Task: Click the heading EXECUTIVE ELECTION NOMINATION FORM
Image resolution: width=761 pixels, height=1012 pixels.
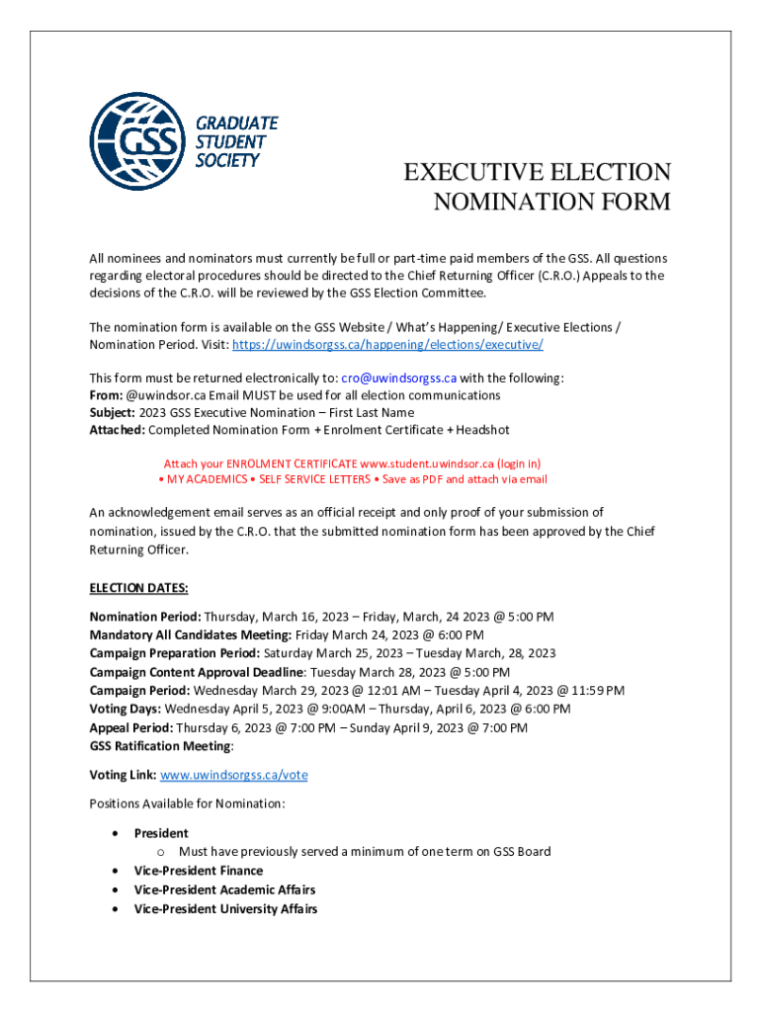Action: [x=537, y=187]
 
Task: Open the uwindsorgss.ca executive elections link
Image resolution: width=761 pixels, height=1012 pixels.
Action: [x=387, y=345]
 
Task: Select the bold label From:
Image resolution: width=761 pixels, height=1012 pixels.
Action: [x=106, y=394]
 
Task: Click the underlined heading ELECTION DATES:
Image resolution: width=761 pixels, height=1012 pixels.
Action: [x=138, y=589]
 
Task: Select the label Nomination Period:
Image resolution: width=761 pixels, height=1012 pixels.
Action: [x=145, y=617]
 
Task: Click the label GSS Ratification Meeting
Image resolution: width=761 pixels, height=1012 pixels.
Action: [x=160, y=746]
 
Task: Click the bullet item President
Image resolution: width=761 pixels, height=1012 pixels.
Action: [x=161, y=833]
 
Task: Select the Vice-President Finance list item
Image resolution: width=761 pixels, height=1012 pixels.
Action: [x=199, y=871]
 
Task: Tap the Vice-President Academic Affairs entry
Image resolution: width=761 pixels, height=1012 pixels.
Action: [x=224, y=889]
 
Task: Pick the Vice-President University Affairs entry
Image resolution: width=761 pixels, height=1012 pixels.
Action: [x=225, y=908]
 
